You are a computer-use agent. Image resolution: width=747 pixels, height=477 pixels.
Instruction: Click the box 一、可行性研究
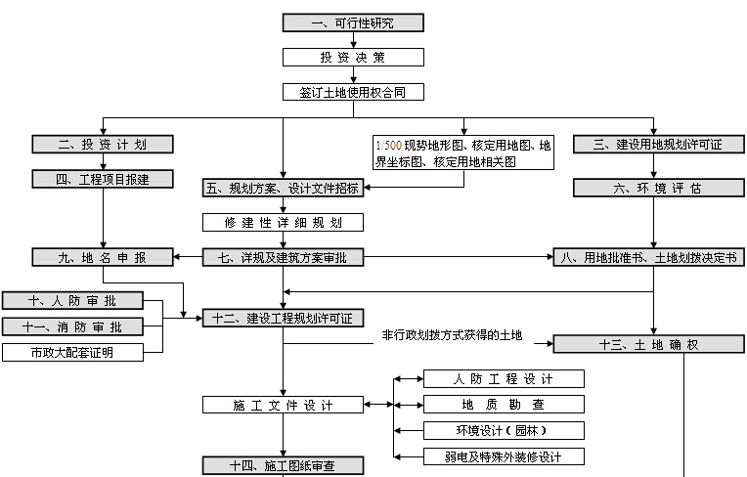(x=353, y=22)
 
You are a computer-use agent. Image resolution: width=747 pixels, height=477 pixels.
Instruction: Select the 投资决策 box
(x=353, y=58)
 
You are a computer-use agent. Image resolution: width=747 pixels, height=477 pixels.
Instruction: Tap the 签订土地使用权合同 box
(x=353, y=93)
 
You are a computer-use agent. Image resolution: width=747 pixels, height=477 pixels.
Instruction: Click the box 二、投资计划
(x=102, y=145)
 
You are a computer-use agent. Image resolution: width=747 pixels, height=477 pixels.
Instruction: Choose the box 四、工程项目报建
(x=102, y=179)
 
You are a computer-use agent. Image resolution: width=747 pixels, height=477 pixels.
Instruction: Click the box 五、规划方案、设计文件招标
(x=283, y=187)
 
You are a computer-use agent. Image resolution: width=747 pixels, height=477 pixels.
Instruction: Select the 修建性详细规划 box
(x=283, y=223)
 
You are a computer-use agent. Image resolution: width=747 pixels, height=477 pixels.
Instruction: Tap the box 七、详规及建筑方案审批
(x=283, y=258)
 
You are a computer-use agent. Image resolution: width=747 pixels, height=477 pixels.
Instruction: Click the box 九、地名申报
(x=102, y=258)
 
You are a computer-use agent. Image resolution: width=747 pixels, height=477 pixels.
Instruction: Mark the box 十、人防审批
(x=72, y=301)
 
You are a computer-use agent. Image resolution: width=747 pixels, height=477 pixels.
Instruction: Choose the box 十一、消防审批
(x=72, y=326)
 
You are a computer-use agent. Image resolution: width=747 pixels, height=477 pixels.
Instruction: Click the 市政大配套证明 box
(x=72, y=352)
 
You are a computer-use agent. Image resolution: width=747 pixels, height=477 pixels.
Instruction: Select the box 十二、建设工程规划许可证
(x=283, y=318)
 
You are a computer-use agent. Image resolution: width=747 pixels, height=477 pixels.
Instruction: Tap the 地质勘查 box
(x=504, y=404)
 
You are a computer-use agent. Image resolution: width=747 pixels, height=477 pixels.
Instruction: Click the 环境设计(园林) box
(x=504, y=430)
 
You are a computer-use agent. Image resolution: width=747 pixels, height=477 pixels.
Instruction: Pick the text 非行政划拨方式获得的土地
(x=453, y=335)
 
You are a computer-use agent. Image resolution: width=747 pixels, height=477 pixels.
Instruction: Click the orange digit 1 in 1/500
(x=379, y=145)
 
